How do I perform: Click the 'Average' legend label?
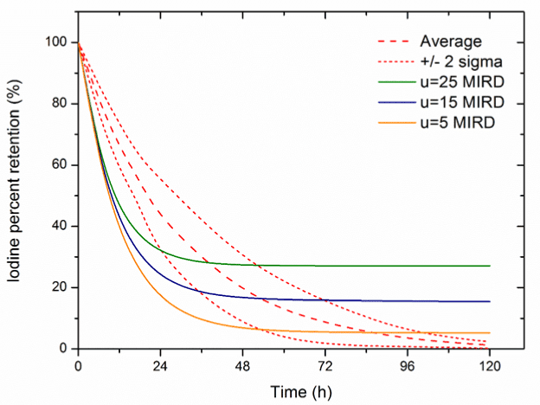click(451, 42)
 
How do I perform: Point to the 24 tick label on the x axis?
click(159, 364)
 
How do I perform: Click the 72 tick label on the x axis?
click(326, 364)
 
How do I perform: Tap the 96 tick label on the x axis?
click(409, 364)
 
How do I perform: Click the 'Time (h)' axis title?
click(286, 389)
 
